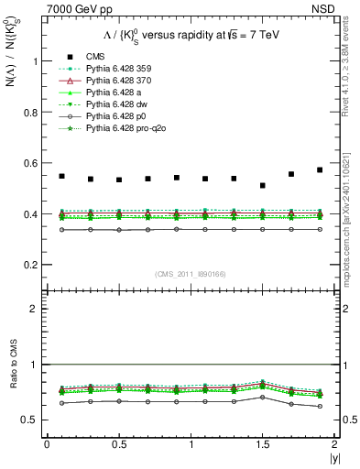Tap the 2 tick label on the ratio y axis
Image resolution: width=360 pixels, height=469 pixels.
pyautogui.click(x=38, y=309)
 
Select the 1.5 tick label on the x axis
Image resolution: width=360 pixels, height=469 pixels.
pyautogui.click(x=263, y=444)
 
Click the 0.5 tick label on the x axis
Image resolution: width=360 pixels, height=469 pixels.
pyautogui.click(x=118, y=444)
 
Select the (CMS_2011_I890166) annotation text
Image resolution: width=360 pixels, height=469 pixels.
pyautogui.click(x=191, y=274)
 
